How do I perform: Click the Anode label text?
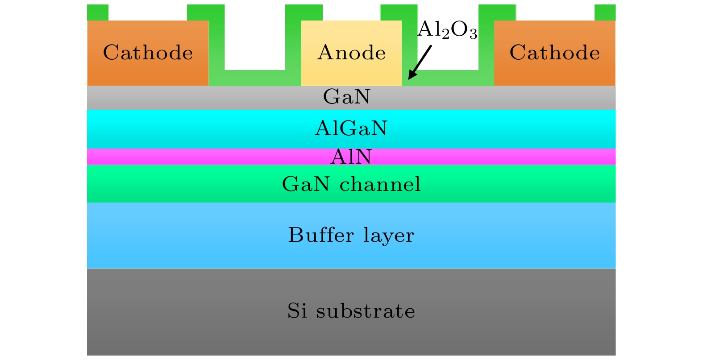351,53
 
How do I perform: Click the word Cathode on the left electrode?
148,53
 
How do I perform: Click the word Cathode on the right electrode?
554,53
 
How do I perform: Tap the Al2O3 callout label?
447,30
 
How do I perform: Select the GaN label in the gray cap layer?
347,97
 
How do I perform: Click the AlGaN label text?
351,128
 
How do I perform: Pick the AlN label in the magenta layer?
351,157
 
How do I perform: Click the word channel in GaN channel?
380,184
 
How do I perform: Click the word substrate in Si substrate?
366,311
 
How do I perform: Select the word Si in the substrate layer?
297,311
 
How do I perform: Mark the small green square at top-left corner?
97,12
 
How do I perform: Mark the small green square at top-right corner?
605,12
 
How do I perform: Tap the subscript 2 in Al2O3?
445,35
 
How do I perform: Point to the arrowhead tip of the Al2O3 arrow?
409,79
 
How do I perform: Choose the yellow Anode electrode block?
351,71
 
